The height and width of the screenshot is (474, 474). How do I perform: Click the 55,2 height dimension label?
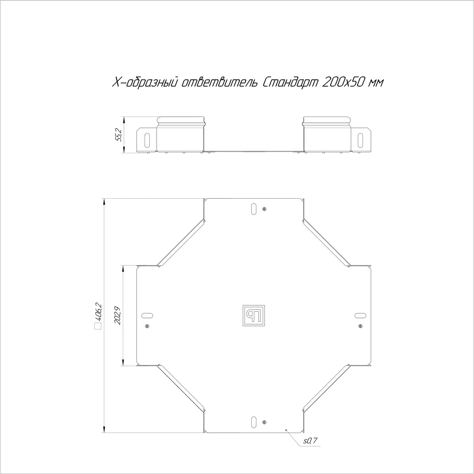point(119,135)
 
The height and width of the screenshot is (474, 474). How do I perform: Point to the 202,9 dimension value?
point(118,315)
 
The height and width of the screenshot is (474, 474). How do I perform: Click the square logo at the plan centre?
point(254,316)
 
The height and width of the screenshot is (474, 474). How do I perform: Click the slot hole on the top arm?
point(254,209)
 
